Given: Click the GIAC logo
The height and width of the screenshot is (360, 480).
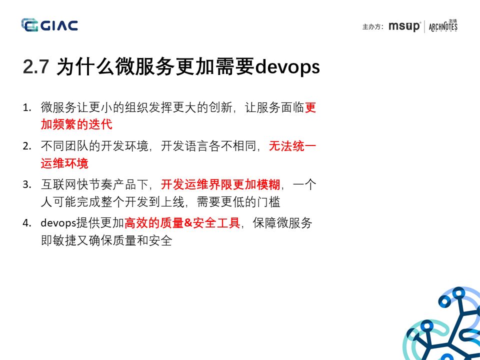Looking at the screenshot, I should coord(49,25).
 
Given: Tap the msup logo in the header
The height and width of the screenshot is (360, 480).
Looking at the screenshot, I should coord(404,26).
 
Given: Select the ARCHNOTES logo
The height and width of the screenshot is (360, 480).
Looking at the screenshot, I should coord(443,26).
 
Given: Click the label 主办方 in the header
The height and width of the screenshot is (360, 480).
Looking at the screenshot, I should coord(372,27).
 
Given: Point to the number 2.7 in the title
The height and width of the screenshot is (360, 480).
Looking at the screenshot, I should coord(35,67).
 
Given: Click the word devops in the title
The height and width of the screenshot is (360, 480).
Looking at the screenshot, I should coord(287,67).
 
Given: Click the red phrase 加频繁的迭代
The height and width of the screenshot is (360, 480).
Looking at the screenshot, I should coord(76,124).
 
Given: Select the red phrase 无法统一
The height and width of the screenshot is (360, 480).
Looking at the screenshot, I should coord(292,146).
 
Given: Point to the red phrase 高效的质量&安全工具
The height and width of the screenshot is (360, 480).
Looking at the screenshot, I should coord(182,223).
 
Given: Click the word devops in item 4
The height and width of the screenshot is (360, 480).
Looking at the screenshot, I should coord(57,223).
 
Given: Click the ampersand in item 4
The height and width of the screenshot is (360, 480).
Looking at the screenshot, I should coord(188,223).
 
